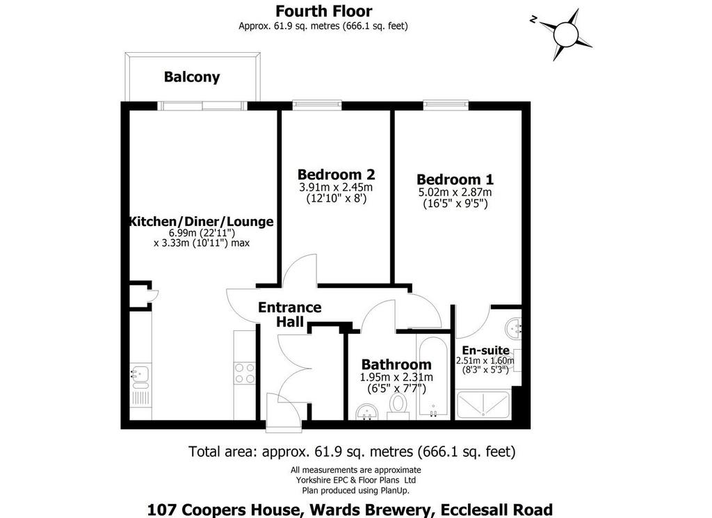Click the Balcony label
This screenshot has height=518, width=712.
[192, 77]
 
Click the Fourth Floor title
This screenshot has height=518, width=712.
[324, 11]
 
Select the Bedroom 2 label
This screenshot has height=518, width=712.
[336, 175]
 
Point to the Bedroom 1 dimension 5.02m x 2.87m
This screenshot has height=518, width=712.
[455, 192]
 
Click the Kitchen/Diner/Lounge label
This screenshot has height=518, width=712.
[202, 222]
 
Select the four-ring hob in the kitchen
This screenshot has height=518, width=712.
[244, 373]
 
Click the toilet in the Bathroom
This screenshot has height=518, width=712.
[398, 406]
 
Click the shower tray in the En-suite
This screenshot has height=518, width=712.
[483, 405]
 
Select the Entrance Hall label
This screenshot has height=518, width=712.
[290, 314]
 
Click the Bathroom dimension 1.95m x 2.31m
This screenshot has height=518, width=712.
[396, 378]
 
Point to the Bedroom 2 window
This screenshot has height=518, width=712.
[317, 105]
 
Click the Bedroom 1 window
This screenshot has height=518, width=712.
[446, 105]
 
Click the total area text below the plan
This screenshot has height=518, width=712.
[352, 452]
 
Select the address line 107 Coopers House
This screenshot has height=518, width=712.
[350, 510]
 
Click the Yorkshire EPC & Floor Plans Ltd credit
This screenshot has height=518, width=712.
[356, 480]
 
